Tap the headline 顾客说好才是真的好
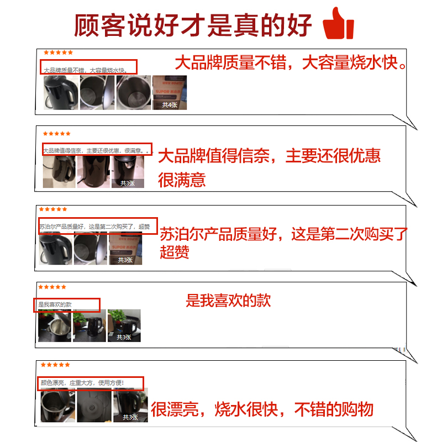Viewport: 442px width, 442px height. pyautogui.click(x=193, y=25)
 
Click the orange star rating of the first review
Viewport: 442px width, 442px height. pyautogui.click(x=58, y=52)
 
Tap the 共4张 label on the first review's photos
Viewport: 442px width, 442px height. pyautogui.click(x=169, y=104)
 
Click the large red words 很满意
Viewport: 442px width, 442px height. pyautogui.click(x=182, y=180)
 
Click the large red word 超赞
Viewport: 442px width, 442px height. pyautogui.click(x=175, y=252)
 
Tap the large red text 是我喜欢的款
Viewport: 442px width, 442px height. pyautogui.click(x=228, y=301)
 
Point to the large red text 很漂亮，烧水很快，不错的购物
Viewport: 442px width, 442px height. pyautogui.click(x=262, y=409)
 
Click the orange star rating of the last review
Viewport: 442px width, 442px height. pyautogui.click(x=55, y=365)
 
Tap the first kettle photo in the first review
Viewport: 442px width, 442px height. pyautogui.click(x=60, y=92)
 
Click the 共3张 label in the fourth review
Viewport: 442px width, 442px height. pyautogui.click(x=123, y=337)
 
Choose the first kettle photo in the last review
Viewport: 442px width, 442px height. pyautogui.click(x=57, y=405)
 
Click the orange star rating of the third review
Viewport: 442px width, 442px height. pyautogui.click(x=53, y=209)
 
